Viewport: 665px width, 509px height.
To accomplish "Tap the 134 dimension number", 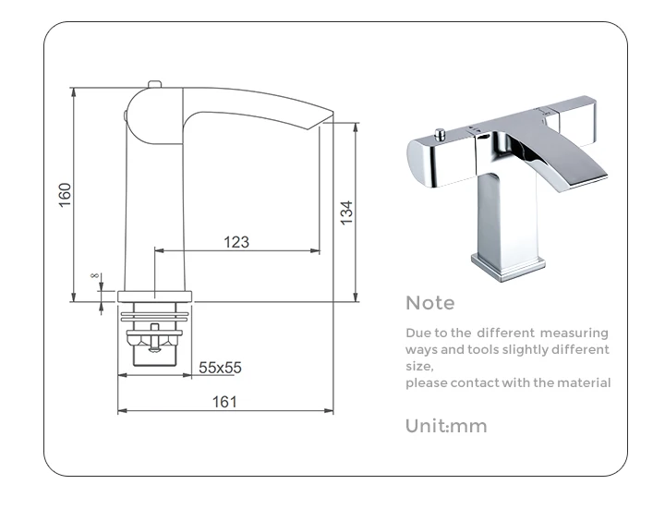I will [x=346, y=212].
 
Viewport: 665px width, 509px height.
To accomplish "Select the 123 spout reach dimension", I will [x=236, y=242].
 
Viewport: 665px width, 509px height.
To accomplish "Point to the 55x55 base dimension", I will [x=220, y=367].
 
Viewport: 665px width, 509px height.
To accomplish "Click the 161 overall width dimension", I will [x=224, y=402].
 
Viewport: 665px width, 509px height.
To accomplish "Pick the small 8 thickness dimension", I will [x=94, y=275].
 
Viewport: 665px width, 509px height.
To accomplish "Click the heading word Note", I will [x=430, y=303].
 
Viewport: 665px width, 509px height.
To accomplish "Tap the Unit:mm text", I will [x=446, y=426].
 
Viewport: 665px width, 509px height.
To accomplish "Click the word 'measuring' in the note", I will [x=574, y=333].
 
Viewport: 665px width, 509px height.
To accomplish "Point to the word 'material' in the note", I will [x=582, y=383].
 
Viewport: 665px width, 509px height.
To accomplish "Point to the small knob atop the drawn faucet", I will [x=155, y=86].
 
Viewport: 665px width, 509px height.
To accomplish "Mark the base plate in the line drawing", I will [x=155, y=296].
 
